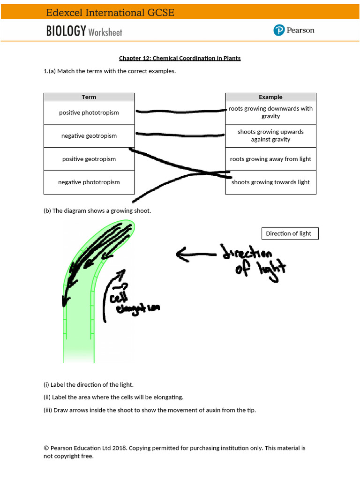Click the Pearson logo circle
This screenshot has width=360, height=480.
click(x=279, y=30)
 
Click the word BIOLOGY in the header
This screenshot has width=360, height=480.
click(x=66, y=31)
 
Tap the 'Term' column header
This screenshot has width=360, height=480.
click(x=89, y=97)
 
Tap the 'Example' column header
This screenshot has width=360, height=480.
click(x=270, y=97)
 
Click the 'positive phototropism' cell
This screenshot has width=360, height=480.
click(x=89, y=112)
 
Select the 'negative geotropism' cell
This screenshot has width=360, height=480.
click(x=89, y=136)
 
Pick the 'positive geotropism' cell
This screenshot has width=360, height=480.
click(x=89, y=159)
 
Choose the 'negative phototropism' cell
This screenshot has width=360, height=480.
click(x=89, y=182)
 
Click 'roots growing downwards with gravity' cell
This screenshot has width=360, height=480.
click(x=270, y=112)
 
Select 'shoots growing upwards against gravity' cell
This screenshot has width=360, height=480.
click(x=270, y=136)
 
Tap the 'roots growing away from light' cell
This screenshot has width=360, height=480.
click(x=270, y=159)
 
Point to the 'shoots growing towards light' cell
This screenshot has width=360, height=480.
click(x=270, y=182)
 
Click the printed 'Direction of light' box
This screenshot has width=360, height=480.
click(x=289, y=233)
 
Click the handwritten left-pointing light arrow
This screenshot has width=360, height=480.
click(x=195, y=255)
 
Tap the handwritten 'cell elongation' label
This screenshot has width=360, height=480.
click(x=131, y=302)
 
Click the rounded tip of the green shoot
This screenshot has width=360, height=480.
click(x=128, y=227)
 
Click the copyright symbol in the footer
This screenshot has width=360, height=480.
click(x=46, y=448)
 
